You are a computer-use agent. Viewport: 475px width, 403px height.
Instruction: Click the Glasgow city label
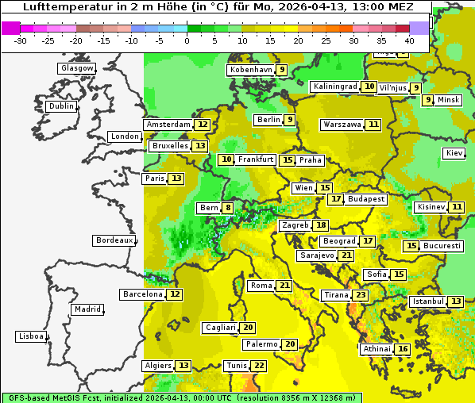coord(77,68)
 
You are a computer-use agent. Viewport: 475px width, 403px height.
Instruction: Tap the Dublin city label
coord(61,106)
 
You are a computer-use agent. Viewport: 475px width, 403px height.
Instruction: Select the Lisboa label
coord(30,336)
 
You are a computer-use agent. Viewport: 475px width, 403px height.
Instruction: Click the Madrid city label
coord(87,309)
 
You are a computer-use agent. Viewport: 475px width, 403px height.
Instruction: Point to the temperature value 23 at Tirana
coord(361,295)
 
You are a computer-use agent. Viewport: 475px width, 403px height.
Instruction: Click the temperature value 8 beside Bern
coord(229,208)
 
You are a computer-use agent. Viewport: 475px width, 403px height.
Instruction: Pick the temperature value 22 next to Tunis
coord(259,366)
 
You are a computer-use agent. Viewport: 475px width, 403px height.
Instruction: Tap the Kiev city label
coord(454,153)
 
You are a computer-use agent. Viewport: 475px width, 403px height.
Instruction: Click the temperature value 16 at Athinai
coord(403,349)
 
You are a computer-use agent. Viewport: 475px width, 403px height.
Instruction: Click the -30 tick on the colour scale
coord(21,40)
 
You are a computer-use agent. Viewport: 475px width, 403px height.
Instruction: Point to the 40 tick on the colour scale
coord(409,40)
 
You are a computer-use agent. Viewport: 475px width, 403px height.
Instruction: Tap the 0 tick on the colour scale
coord(187,40)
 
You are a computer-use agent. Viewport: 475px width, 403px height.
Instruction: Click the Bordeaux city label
coord(114,240)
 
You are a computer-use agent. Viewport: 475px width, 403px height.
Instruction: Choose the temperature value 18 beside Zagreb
coord(321,225)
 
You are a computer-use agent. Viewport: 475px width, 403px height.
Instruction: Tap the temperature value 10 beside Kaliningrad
coord(369,86)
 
